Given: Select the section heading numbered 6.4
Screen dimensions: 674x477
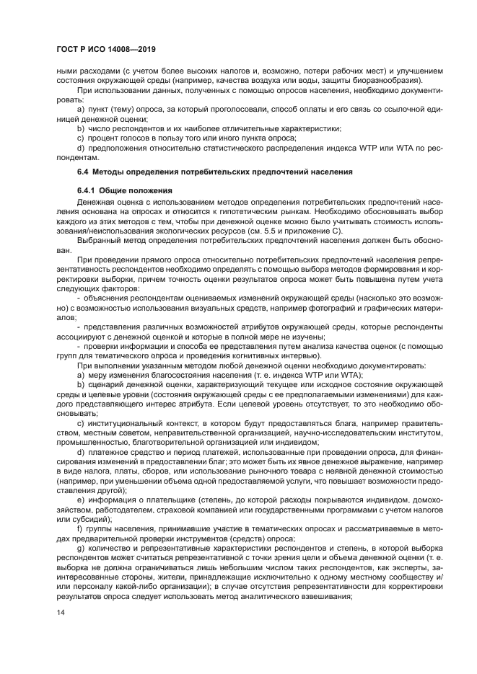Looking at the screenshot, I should (215, 173).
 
